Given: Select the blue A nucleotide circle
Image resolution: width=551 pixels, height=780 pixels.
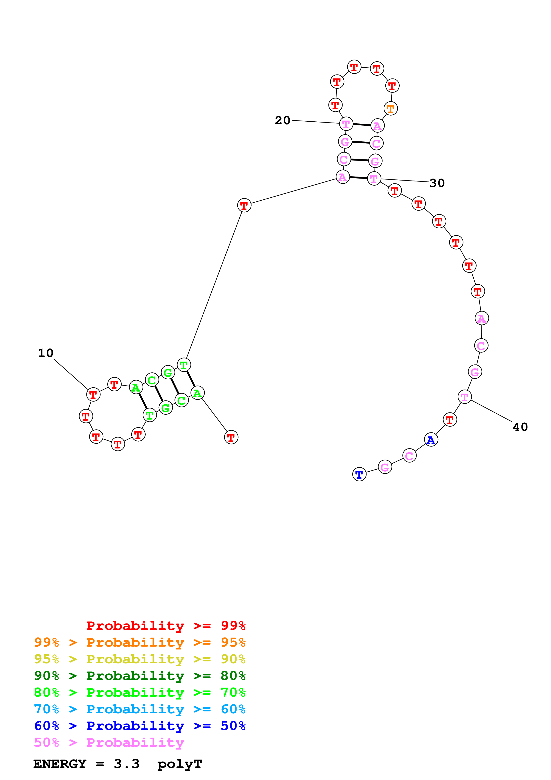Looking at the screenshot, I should [431, 440].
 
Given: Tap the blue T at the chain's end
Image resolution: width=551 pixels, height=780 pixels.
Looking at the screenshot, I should [359, 474].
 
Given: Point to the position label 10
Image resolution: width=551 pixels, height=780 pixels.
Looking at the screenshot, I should [46, 353].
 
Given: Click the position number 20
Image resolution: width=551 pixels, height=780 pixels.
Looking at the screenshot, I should [283, 120].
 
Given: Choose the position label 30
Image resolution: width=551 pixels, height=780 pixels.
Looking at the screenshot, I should [437, 183].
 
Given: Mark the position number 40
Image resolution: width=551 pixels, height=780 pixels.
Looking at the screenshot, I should [520, 427].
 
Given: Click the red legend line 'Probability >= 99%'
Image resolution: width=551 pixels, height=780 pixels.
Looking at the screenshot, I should [166, 625].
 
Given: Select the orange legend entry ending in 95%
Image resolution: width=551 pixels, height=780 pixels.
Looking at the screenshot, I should [140, 642].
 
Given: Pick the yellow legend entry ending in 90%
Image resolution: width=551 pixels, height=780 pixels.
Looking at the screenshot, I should [140, 659].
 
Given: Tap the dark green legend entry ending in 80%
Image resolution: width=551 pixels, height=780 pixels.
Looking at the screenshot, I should [140, 676].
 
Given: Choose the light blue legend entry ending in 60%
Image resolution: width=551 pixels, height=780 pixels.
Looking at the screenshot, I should [140, 709].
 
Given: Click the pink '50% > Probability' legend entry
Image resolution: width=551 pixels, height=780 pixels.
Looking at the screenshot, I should [109, 742].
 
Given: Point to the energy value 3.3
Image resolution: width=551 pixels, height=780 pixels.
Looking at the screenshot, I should [127, 764].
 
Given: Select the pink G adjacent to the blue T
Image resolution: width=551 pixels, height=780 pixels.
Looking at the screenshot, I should [385, 467].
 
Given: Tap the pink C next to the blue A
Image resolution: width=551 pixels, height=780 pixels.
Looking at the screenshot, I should [409, 456].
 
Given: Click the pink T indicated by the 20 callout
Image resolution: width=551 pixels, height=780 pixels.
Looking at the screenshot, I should [346, 124].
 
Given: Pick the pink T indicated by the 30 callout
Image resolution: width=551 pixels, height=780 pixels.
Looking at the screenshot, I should [374, 179].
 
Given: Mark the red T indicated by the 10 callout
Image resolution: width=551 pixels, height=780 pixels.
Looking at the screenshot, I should [93, 394].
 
